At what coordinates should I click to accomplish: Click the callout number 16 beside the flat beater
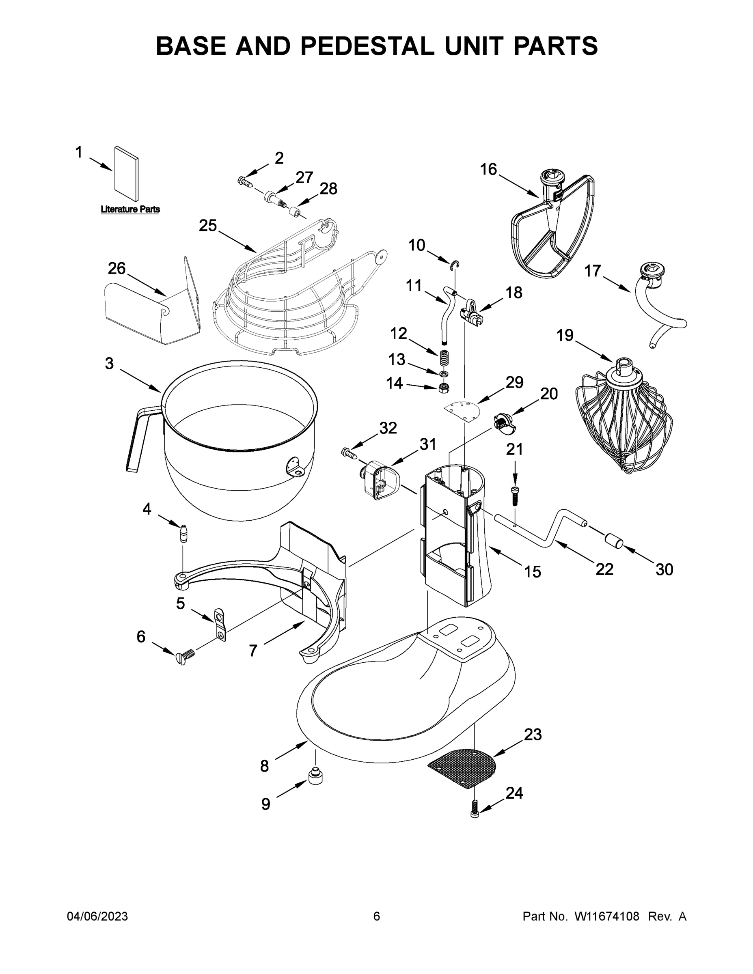(x=488, y=170)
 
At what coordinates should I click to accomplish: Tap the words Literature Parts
(x=130, y=209)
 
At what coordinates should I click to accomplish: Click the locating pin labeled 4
(x=183, y=533)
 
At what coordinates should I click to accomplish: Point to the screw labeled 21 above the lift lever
(x=515, y=495)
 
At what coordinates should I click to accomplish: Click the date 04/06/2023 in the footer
(x=97, y=916)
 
